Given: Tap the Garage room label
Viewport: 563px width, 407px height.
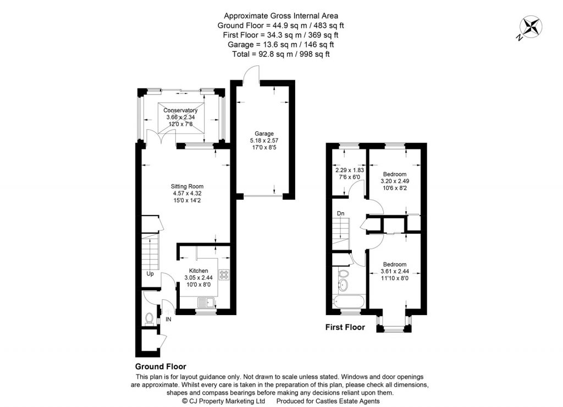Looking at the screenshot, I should (x=264, y=134).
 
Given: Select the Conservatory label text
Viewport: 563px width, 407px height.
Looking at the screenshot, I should (x=181, y=111).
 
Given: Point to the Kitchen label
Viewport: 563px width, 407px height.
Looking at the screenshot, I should (x=198, y=271).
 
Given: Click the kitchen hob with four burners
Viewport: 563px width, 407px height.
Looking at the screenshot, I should (x=224, y=273).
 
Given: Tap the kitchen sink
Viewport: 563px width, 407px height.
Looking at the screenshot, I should (x=206, y=302).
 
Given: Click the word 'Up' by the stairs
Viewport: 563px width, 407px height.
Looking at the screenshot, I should (x=150, y=273).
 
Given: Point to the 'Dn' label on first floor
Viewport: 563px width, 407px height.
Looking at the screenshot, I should (x=341, y=213).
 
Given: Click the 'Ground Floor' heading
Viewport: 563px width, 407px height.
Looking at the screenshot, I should (x=161, y=366).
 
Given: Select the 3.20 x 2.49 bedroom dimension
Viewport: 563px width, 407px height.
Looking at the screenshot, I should (x=395, y=181).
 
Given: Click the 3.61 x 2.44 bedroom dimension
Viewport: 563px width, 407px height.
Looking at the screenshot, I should (x=395, y=271).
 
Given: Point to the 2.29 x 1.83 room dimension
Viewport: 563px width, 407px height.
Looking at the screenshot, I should (x=350, y=170).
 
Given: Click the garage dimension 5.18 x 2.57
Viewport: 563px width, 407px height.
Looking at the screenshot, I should (x=264, y=140).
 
